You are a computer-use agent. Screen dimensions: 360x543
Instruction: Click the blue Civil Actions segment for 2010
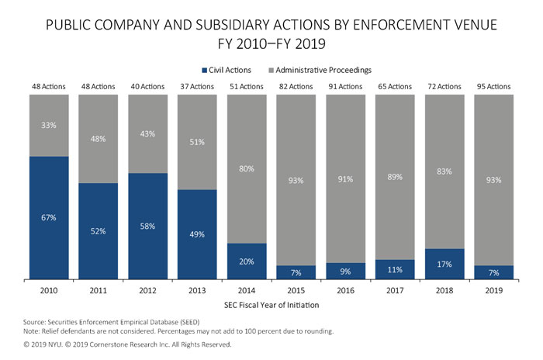49,217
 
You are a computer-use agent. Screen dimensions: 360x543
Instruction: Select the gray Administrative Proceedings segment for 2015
296,180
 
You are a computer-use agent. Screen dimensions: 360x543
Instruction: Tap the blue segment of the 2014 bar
247,261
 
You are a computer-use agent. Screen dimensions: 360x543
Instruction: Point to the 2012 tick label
147,290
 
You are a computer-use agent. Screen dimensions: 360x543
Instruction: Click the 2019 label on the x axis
493,290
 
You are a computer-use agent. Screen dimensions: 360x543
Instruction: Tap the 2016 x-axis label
345,290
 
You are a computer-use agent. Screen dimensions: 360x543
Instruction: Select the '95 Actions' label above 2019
493,87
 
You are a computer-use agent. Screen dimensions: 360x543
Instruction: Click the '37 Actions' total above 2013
197,87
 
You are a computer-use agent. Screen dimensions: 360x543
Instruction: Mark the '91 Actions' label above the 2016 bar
345,87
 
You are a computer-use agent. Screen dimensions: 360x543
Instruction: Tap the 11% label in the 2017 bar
394,269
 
